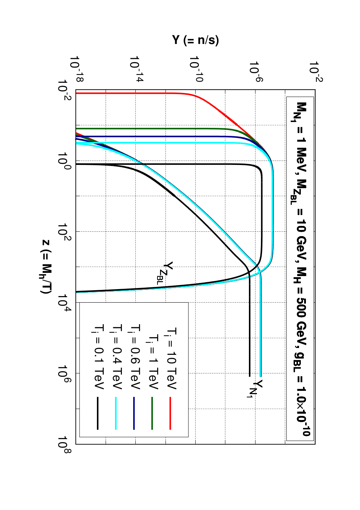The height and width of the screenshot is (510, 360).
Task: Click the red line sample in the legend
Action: click(170, 413)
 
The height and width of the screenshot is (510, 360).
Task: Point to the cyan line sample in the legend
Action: click(116, 413)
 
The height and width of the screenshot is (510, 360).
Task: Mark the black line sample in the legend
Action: click(98, 413)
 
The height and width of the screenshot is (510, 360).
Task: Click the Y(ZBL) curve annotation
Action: click(165, 273)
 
